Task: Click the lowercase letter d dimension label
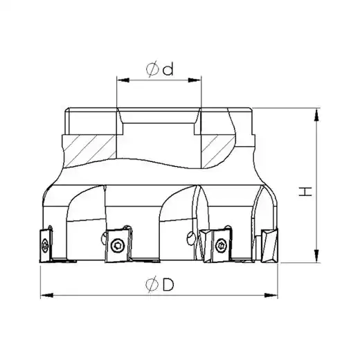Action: click(x=168, y=69)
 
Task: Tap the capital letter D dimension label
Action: click(x=168, y=285)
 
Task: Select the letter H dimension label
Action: click(x=305, y=192)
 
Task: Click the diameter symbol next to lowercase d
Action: click(x=152, y=69)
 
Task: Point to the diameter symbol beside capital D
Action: click(x=152, y=285)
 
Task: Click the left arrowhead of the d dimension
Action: click(x=123, y=80)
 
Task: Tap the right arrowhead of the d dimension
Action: click(x=195, y=80)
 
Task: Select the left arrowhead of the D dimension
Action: click(x=47, y=296)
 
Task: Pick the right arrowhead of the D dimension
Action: click(x=271, y=296)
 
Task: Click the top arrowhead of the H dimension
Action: click(x=317, y=115)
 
